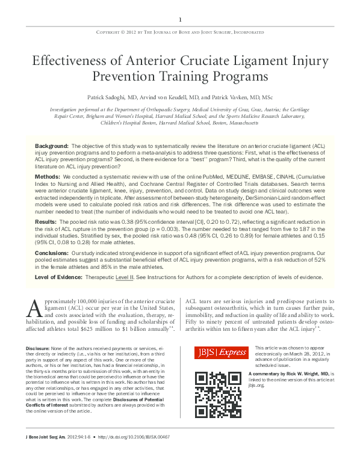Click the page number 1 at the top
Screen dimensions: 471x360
pos(180,20)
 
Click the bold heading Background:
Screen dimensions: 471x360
pos(52,146)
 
